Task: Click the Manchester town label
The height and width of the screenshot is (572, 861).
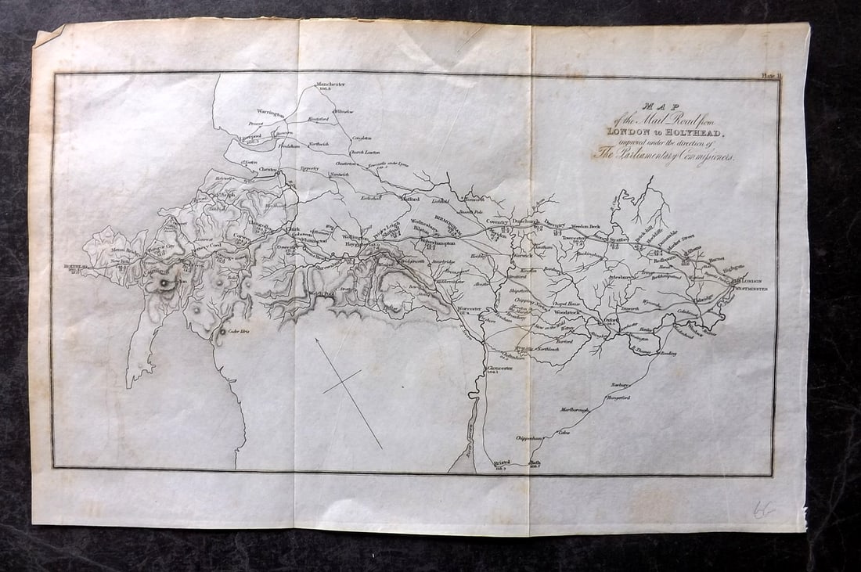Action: coord(330,84)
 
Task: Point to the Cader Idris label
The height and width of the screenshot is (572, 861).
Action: coord(237,332)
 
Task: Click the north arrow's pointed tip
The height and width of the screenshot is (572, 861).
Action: coord(316,339)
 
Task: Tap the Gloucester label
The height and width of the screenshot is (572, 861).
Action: coord(498,367)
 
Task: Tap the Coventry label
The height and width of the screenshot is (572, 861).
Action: coord(498,221)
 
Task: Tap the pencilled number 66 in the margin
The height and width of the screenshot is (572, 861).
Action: coord(764,509)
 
